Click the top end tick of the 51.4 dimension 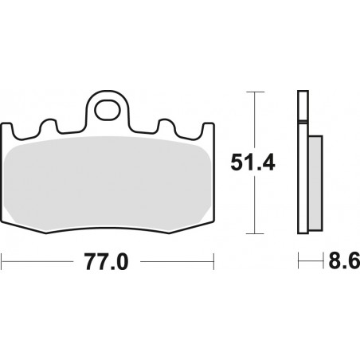point(253,92)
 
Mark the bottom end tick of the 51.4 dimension point(253,234)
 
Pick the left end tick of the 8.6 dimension point(299,261)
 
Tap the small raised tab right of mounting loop point(168,126)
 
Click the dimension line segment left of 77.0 point(40,261)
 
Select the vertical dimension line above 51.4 point(253,119)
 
